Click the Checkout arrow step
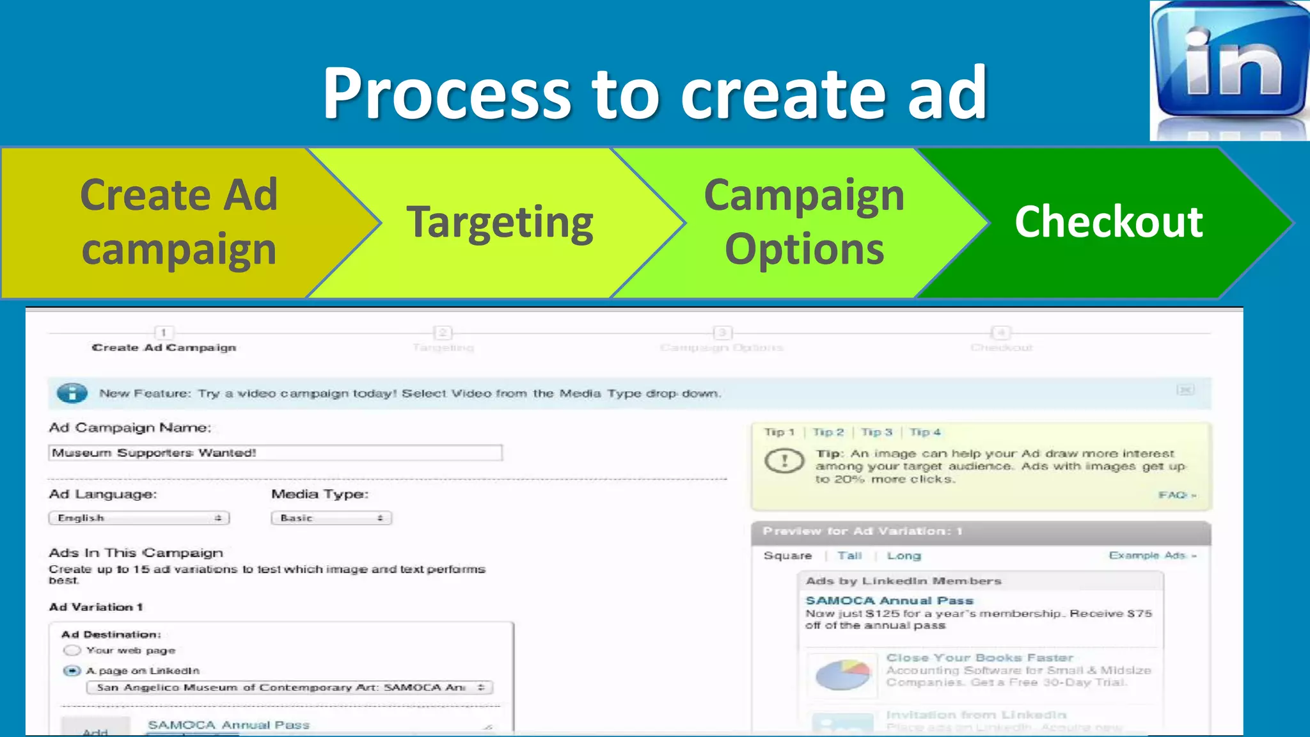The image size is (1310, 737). point(1109,222)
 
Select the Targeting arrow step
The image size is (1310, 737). point(500,223)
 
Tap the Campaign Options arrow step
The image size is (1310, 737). point(804,222)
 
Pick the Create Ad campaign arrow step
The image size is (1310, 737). point(178,222)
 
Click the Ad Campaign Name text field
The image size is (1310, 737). point(275,453)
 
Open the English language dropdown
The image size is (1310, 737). point(139,518)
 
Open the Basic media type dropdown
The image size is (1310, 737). point(331,518)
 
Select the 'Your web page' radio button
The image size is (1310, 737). point(72,651)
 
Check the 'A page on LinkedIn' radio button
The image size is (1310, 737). point(72,670)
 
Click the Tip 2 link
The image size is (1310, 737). point(828,432)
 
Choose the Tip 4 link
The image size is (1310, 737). point(925,432)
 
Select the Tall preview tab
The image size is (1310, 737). point(849,556)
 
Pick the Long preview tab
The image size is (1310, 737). point(904,556)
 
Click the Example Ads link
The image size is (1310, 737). point(1151,555)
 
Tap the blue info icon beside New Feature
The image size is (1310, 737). point(72,393)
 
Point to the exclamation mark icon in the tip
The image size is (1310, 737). point(784,461)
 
